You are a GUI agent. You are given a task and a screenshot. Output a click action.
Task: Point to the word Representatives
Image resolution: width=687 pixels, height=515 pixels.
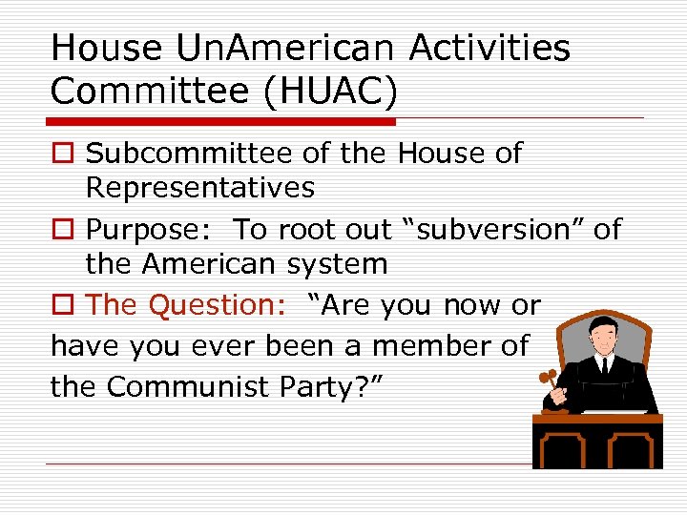pyautogui.click(x=199, y=188)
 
